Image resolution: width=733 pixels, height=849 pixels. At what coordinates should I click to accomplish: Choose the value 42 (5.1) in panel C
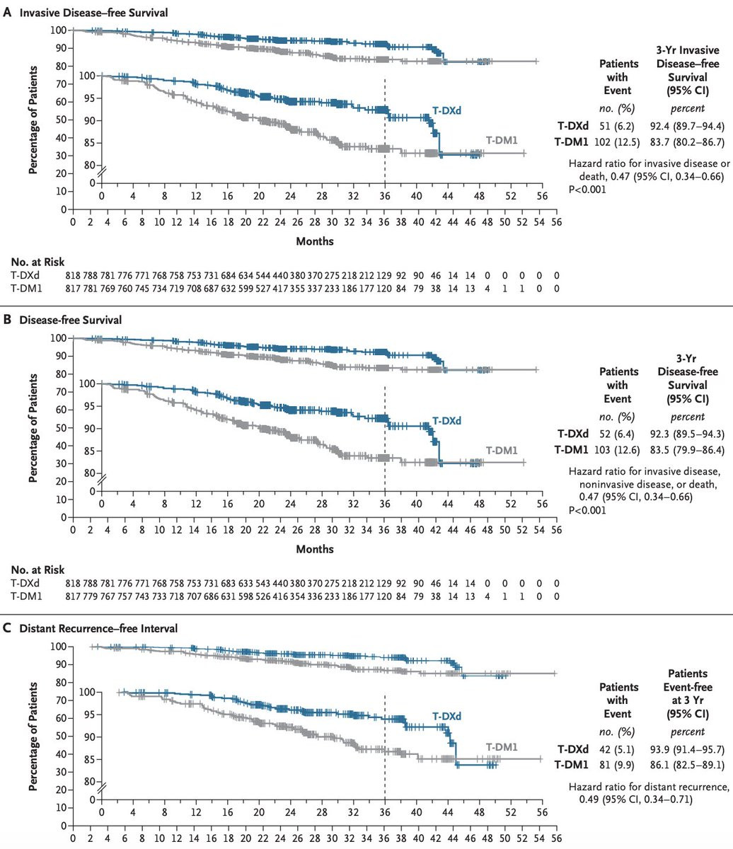tap(611, 749)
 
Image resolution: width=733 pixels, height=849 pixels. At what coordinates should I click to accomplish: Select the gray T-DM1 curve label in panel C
tap(501, 746)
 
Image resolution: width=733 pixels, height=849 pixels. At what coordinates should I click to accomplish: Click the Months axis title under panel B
tap(314, 548)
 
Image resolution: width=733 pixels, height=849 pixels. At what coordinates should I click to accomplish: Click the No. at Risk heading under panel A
tap(35, 260)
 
